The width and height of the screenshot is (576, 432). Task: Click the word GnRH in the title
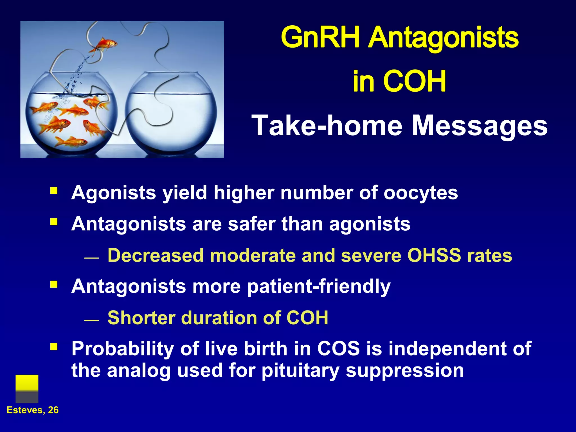(321, 38)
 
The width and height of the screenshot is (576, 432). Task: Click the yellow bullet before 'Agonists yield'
(54, 191)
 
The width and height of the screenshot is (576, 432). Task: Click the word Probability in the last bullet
(123, 349)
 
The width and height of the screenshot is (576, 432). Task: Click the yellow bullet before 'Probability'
(54, 347)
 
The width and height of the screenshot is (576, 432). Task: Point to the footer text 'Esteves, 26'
(33, 410)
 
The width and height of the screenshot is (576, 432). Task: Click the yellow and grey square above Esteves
(27, 389)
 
